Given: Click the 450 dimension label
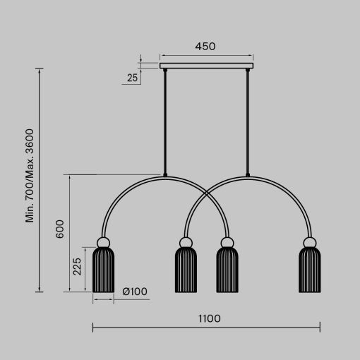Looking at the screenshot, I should (205, 47).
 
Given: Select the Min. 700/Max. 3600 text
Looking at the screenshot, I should (30, 176).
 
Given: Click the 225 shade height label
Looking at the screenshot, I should (78, 266).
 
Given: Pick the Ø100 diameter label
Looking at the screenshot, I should (134, 291).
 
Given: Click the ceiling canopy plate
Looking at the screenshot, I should (206, 66).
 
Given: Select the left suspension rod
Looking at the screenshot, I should (164, 120).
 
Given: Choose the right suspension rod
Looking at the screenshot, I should (248, 120).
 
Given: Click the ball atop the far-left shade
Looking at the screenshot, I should (103, 243).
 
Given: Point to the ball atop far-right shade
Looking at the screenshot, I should (309, 243).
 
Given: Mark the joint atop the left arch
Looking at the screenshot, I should (164, 175).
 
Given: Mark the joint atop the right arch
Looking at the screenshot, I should (248, 175).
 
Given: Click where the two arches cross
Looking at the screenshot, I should (206, 193).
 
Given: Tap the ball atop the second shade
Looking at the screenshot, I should (186, 243).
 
